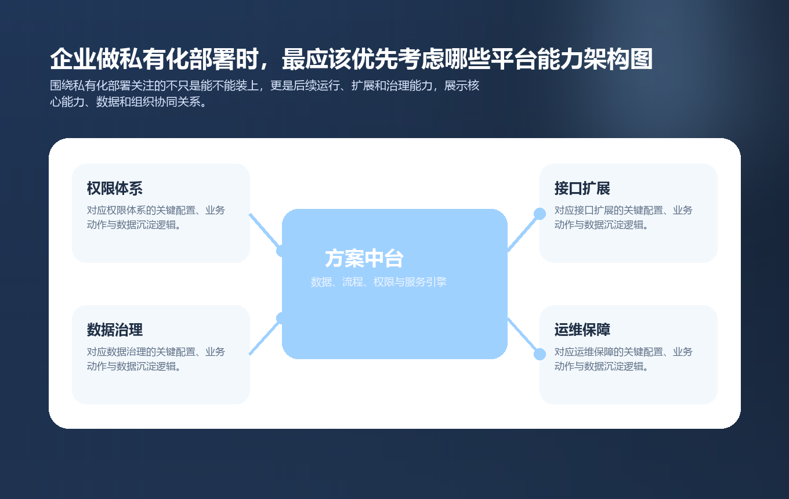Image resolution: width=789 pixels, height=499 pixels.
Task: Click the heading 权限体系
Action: [115, 189]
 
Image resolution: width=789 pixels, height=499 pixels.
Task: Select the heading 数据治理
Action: [115, 330]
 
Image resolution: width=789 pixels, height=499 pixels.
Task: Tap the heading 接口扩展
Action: [582, 189]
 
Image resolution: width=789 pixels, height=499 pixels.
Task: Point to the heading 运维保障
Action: [582, 330]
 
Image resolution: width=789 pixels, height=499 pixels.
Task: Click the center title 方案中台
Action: [364, 258]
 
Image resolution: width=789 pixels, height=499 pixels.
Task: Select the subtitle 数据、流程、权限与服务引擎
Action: [379, 283]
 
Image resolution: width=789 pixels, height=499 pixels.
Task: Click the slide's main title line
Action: [352, 59]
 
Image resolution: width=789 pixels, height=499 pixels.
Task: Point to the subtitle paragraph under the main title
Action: [265, 94]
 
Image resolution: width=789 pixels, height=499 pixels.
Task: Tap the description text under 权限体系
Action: [156, 217]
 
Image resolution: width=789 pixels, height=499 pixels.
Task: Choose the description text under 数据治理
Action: [156, 359]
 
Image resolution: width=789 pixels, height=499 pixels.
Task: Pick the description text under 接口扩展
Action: [624, 217]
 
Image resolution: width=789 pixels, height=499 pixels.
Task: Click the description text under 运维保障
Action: [624, 359]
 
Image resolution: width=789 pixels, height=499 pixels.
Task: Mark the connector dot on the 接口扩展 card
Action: [540, 214]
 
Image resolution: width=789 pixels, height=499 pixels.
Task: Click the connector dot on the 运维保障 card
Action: [540, 354]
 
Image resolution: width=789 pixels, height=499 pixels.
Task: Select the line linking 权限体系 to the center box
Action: [265, 232]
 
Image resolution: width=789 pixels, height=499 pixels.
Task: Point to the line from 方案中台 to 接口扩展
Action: [523, 233]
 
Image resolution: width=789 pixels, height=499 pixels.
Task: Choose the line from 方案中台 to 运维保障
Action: [523, 335]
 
